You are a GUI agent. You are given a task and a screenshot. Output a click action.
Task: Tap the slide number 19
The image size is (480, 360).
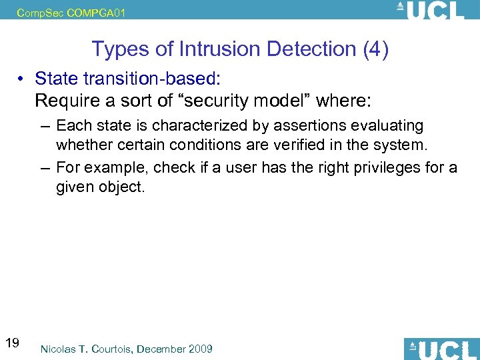(x=12, y=343)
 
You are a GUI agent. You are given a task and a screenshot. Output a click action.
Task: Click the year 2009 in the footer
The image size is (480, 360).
(x=199, y=349)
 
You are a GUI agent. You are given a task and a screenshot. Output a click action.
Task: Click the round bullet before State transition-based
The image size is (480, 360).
(x=22, y=79)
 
